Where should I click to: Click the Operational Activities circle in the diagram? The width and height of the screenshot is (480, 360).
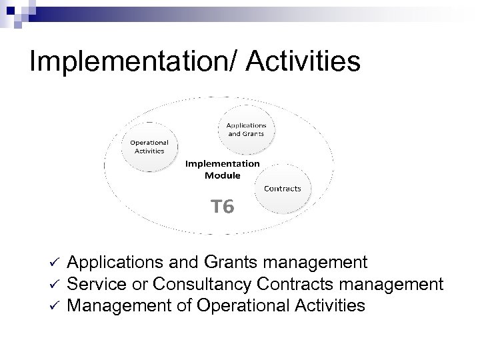[x=149, y=145]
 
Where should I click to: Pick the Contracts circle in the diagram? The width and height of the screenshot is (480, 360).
[x=283, y=188]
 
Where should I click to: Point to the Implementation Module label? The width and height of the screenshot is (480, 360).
[x=222, y=169]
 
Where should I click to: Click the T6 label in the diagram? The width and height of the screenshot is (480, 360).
[x=222, y=207]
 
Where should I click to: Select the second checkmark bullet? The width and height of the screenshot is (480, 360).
[x=55, y=285]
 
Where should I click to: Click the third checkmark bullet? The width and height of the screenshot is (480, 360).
[x=55, y=307]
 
